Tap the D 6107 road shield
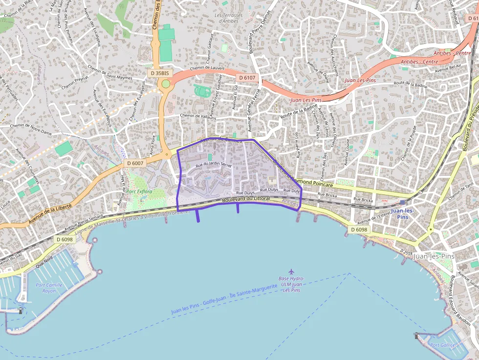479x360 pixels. tap(247, 78)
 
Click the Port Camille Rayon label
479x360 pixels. tap(49, 288)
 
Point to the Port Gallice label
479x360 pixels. tap(442, 345)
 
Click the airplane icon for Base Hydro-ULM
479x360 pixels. tap(292, 271)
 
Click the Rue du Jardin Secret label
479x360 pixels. tap(214, 165)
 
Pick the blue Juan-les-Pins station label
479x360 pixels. tap(403, 213)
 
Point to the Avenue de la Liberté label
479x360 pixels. tap(50, 213)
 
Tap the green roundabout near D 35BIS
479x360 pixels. tap(166, 84)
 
